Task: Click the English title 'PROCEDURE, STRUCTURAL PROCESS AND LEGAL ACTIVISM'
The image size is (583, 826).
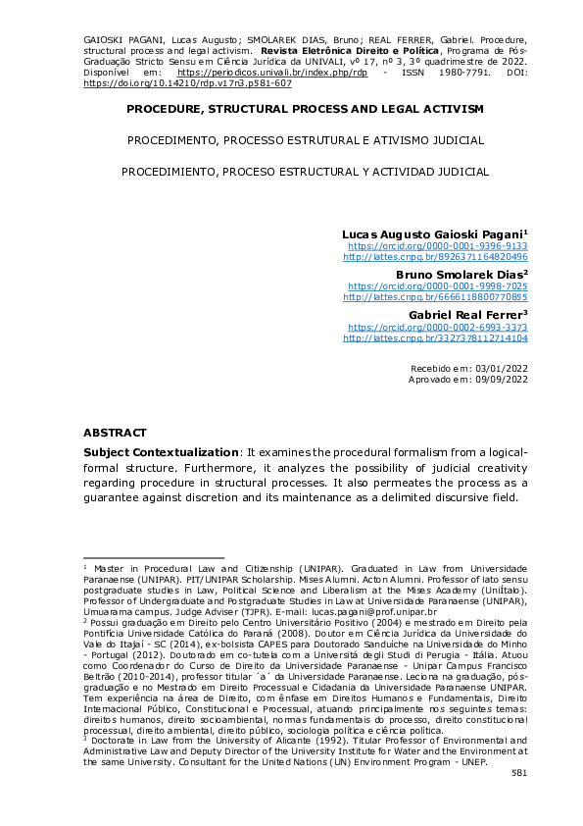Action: (x=305, y=108)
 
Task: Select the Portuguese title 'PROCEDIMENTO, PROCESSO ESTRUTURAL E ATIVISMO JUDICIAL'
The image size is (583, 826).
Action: (x=305, y=140)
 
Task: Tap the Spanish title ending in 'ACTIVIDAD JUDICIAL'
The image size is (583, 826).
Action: (x=305, y=172)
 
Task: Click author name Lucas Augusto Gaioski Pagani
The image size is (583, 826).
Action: (x=434, y=235)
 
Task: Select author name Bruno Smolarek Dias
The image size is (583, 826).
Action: (x=462, y=274)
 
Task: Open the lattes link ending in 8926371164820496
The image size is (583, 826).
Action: (x=435, y=258)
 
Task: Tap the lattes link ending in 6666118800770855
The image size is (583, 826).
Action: (x=435, y=296)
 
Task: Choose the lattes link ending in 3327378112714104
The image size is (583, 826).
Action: (x=435, y=337)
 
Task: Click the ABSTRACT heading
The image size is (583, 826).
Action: (x=115, y=433)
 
